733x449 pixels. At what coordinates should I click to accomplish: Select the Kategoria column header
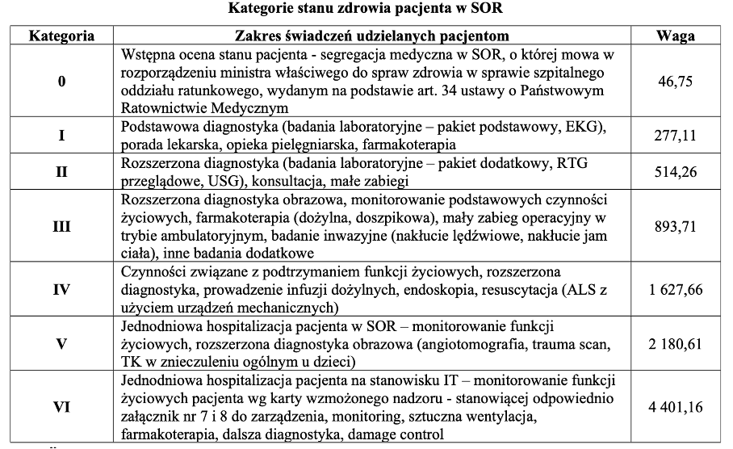pos(61,36)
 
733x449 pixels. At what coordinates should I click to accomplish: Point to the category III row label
pos(61,227)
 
